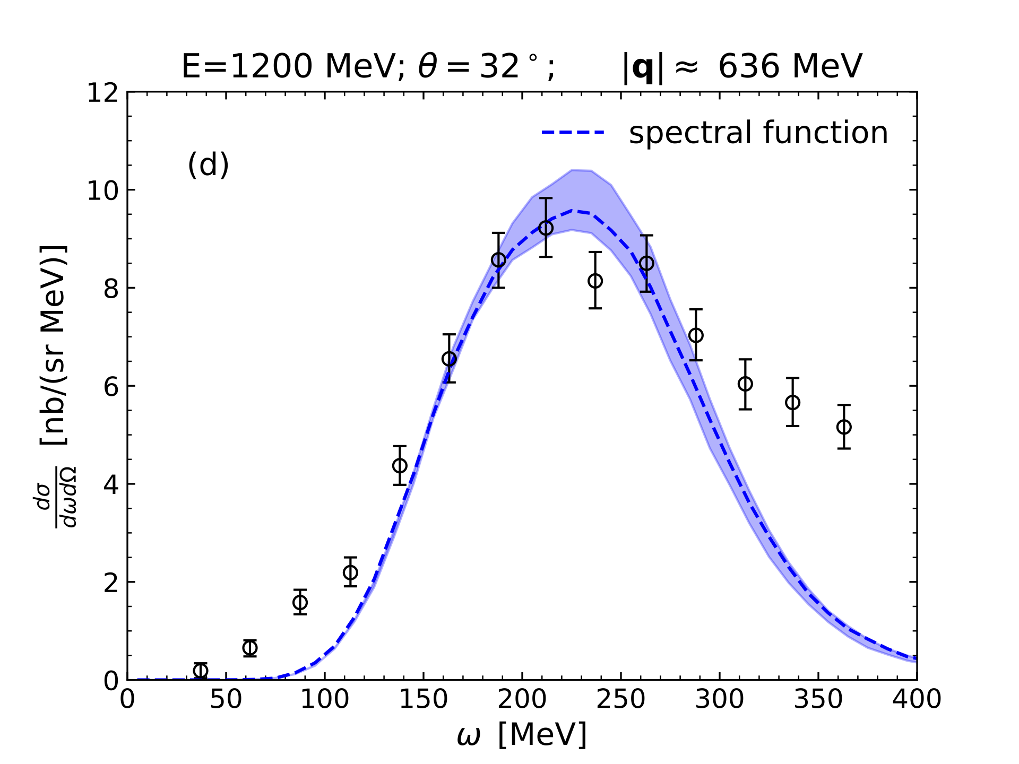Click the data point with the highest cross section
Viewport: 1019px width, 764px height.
pyautogui.click(x=546, y=228)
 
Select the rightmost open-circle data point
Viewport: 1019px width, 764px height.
pyautogui.click(x=844, y=427)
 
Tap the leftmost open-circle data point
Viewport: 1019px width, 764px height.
pyautogui.click(x=201, y=671)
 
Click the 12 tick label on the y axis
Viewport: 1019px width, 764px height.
pyautogui.click(x=103, y=93)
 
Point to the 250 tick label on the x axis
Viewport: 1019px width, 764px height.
pyautogui.click(x=620, y=700)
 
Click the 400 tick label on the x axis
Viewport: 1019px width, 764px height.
pyautogui.click(x=917, y=700)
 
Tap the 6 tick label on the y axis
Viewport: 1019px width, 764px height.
pyautogui.click(x=111, y=387)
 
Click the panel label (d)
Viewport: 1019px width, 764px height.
pyautogui.click(x=208, y=164)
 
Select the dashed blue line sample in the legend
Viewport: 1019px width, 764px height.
pyautogui.click(x=573, y=132)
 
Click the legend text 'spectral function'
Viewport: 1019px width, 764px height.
pyautogui.click(x=758, y=133)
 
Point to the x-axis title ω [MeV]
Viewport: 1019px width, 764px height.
pyautogui.click(x=522, y=735)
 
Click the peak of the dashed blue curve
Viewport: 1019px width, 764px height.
pyautogui.click(x=573, y=211)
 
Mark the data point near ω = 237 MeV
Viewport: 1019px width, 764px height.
pyautogui.click(x=595, y=281)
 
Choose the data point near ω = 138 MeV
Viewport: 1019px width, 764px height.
pyautogui.click(x=400, y=465)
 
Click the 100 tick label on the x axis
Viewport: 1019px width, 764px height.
pyautogui.click(x=325, y=700)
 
